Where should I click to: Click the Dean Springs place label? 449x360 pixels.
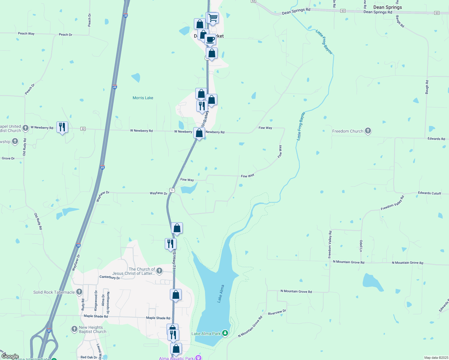(x=387, y=7)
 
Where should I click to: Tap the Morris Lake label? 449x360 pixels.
(x=143, y=98)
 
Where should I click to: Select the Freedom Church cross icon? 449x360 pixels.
(x=368, y=131)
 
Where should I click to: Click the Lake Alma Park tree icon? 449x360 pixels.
(x=225, y=333)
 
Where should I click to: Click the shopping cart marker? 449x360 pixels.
(x=212, y=18)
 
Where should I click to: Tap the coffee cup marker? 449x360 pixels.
(x=210, y=39)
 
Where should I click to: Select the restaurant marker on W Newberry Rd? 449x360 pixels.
(x=62, y=127)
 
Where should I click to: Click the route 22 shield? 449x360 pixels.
(x=83, y=129)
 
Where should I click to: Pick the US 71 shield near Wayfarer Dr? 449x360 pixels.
(x=172, y=190)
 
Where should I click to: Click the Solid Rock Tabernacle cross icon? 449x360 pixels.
(x=79, y=292)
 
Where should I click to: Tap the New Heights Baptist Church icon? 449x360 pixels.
(x=74, y=329)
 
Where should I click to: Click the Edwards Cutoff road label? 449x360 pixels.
(x=429, y=193)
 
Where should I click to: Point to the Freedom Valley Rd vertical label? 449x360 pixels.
(x=330, y=244)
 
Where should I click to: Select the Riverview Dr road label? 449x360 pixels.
(x=277, y=312)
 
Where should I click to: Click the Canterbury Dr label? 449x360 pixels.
(x=110, y=277)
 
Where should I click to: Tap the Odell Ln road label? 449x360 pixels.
(x=361, y=246)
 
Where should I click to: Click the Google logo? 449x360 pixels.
(x=10, y=356)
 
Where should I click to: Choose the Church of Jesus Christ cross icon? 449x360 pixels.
(x=159, y=271)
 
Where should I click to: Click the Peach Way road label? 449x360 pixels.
(x=26, y=34)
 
